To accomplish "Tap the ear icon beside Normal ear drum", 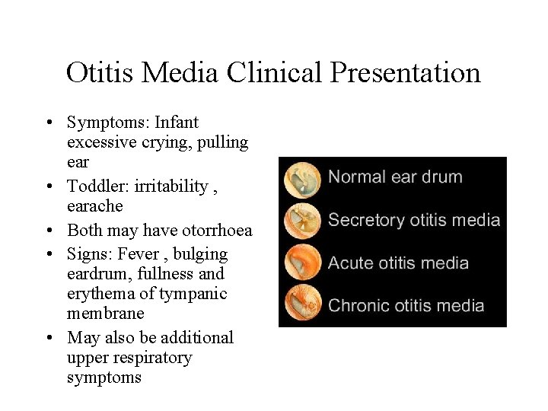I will pyautogui.click(x=302, y=180).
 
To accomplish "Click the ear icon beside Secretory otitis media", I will pyautogui.click(x=302, y=221).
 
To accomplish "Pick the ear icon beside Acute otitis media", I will pyautogui.click(x=302, y=263).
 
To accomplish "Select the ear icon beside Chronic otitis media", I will pyautogui.click(x=302, y=304).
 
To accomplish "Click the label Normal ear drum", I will pyautogui.click(x=395, y=177).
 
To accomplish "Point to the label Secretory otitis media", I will pyautogui.click(x=414, y=221).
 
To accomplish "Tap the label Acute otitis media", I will pyautogui.click(x=398, y=263).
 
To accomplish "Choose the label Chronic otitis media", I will pyautogui.click(x=406, y=306).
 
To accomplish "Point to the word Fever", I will pyautogui.click(x=138, y=254).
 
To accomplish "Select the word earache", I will pyautogui.click(x=94, y=206).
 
